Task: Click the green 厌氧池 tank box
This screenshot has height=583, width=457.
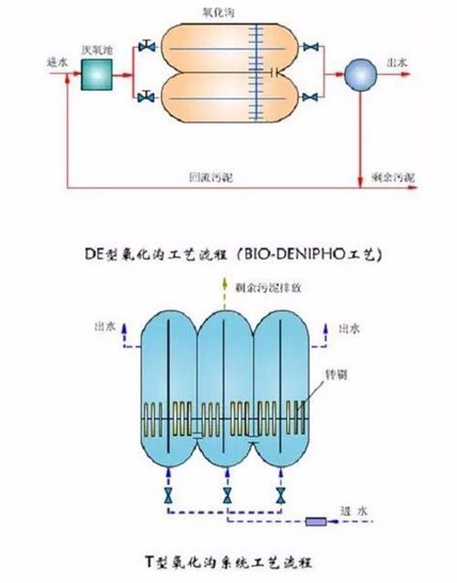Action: coord(96,74)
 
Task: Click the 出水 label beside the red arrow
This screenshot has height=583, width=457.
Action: coord(398,63)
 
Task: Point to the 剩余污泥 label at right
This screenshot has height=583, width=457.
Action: coord(392,177)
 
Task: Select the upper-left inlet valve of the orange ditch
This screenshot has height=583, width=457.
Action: coord(147,47)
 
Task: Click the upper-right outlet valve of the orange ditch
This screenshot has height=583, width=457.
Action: coord(311,47)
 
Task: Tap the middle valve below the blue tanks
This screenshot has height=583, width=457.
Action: coord(227,494)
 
